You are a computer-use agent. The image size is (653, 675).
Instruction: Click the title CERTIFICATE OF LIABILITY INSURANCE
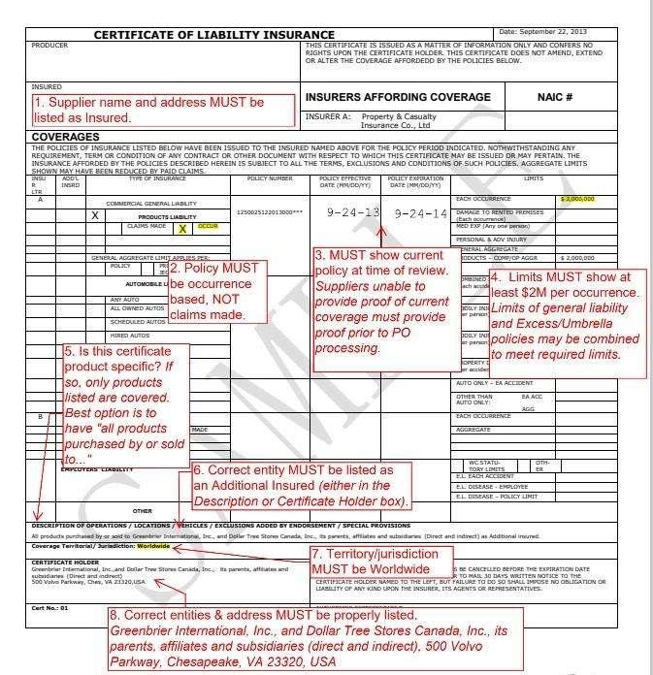[x=213, y=35]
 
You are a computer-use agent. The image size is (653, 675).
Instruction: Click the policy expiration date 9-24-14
[x=420, y=212]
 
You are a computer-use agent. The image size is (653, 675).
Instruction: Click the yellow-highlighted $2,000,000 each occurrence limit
[x=576, y=198]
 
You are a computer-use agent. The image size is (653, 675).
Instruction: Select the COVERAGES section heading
[x=65, y=137]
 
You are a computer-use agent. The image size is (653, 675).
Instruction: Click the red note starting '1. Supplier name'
[x=163, y=109]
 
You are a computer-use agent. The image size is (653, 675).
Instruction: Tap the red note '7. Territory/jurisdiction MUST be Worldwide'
[x=381, y=560]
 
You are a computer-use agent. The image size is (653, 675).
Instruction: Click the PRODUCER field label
[x=49, y=46]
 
